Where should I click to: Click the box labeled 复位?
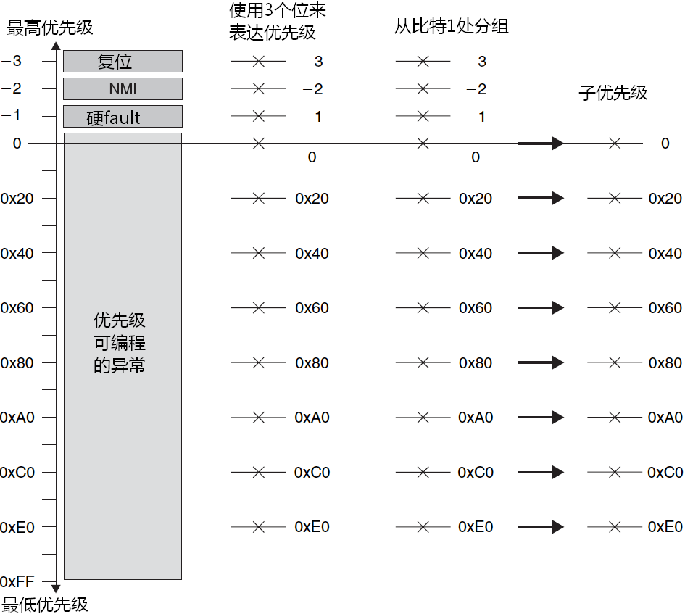(123, 62)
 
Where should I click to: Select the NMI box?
(123, 89)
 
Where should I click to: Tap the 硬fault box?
(123, 117)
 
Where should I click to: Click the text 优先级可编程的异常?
(120, 343)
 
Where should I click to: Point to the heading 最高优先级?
(50, 28)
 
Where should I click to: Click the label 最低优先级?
(46, 605)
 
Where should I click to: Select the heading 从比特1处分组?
(451, 27)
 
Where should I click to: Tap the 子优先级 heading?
(613, 93)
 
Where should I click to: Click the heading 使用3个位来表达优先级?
(277, 22)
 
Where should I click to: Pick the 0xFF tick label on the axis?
(17, 581)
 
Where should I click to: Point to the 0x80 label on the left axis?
(17, 362)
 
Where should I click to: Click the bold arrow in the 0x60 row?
(541, 308)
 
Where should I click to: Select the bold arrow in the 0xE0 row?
(541, 527)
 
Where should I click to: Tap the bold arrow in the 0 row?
(541, 144)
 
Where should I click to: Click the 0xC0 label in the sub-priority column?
(665, 472)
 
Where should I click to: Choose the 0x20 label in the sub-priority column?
(665, 199)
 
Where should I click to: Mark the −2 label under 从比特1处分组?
(476, 89)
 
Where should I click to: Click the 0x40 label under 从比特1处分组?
(476, 254)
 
